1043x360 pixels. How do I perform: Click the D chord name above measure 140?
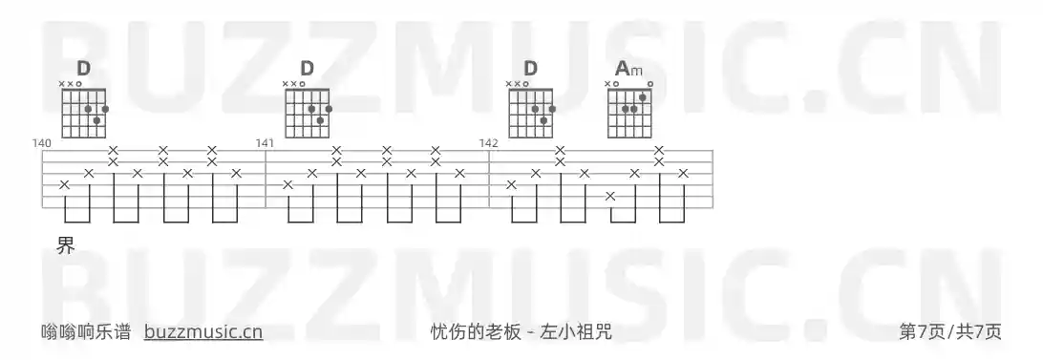click(x=84, y=69)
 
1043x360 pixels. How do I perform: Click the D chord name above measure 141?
click(x=307, y=69)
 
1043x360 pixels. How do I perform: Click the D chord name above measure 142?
click(x=530, y=69)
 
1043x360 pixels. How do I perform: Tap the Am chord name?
click(x=628, y=69)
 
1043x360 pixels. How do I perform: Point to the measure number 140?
click(x=41, y=143)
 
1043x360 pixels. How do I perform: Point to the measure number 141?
click(x=265, y=143)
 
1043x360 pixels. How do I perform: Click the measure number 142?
click(x=488, y=143)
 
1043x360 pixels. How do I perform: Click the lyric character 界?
click(x=65, y=245)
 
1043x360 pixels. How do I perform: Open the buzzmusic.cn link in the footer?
click(x=203, y=332)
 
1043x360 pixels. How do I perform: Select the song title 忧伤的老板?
click(x=476, y=332)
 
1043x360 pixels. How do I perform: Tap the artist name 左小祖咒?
click(x=576, y=332)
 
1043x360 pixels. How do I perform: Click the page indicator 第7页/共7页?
click(x=950, y=332)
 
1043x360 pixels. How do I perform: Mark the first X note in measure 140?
click(x=64, y=184)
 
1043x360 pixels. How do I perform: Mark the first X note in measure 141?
click(x=287, y=184)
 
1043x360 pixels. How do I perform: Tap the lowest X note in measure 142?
click(x=610, y=196)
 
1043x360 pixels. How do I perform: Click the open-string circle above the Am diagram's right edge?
click(x=649, y=84)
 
